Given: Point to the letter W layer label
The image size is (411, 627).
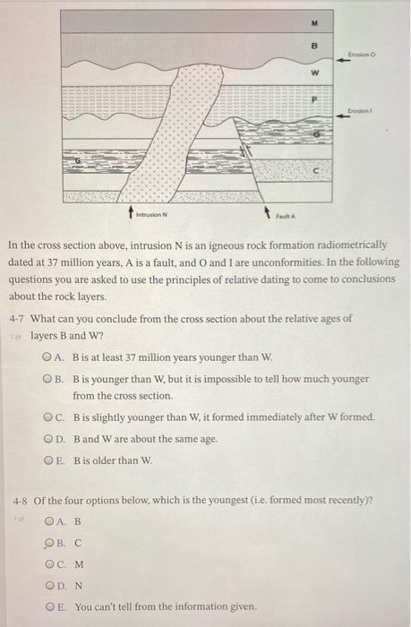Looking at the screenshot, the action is (x=314, y=73).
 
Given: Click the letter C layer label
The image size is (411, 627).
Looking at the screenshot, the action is (x=314, y=168).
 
